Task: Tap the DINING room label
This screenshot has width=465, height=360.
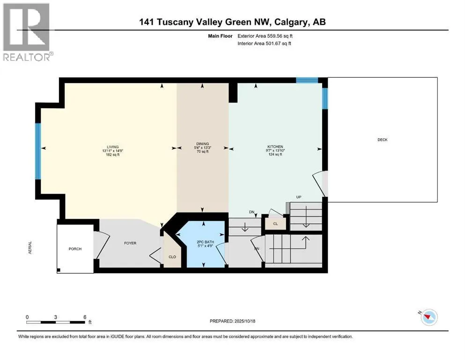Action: click(202, 144)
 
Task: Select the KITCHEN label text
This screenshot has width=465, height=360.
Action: click(274, 146)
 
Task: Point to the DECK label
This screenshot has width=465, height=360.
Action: click(383, 140)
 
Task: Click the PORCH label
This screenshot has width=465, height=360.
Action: click(75, 248)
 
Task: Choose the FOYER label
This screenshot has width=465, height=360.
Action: click(130, 243)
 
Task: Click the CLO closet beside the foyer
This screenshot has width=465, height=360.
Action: click(172, 257)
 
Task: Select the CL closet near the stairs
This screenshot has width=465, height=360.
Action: click(275, 224)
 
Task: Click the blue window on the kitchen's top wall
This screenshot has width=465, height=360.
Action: click(307, 80)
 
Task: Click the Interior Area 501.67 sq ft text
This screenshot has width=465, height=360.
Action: click(267, 44)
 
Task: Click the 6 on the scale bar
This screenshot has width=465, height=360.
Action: click(85, 317)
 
